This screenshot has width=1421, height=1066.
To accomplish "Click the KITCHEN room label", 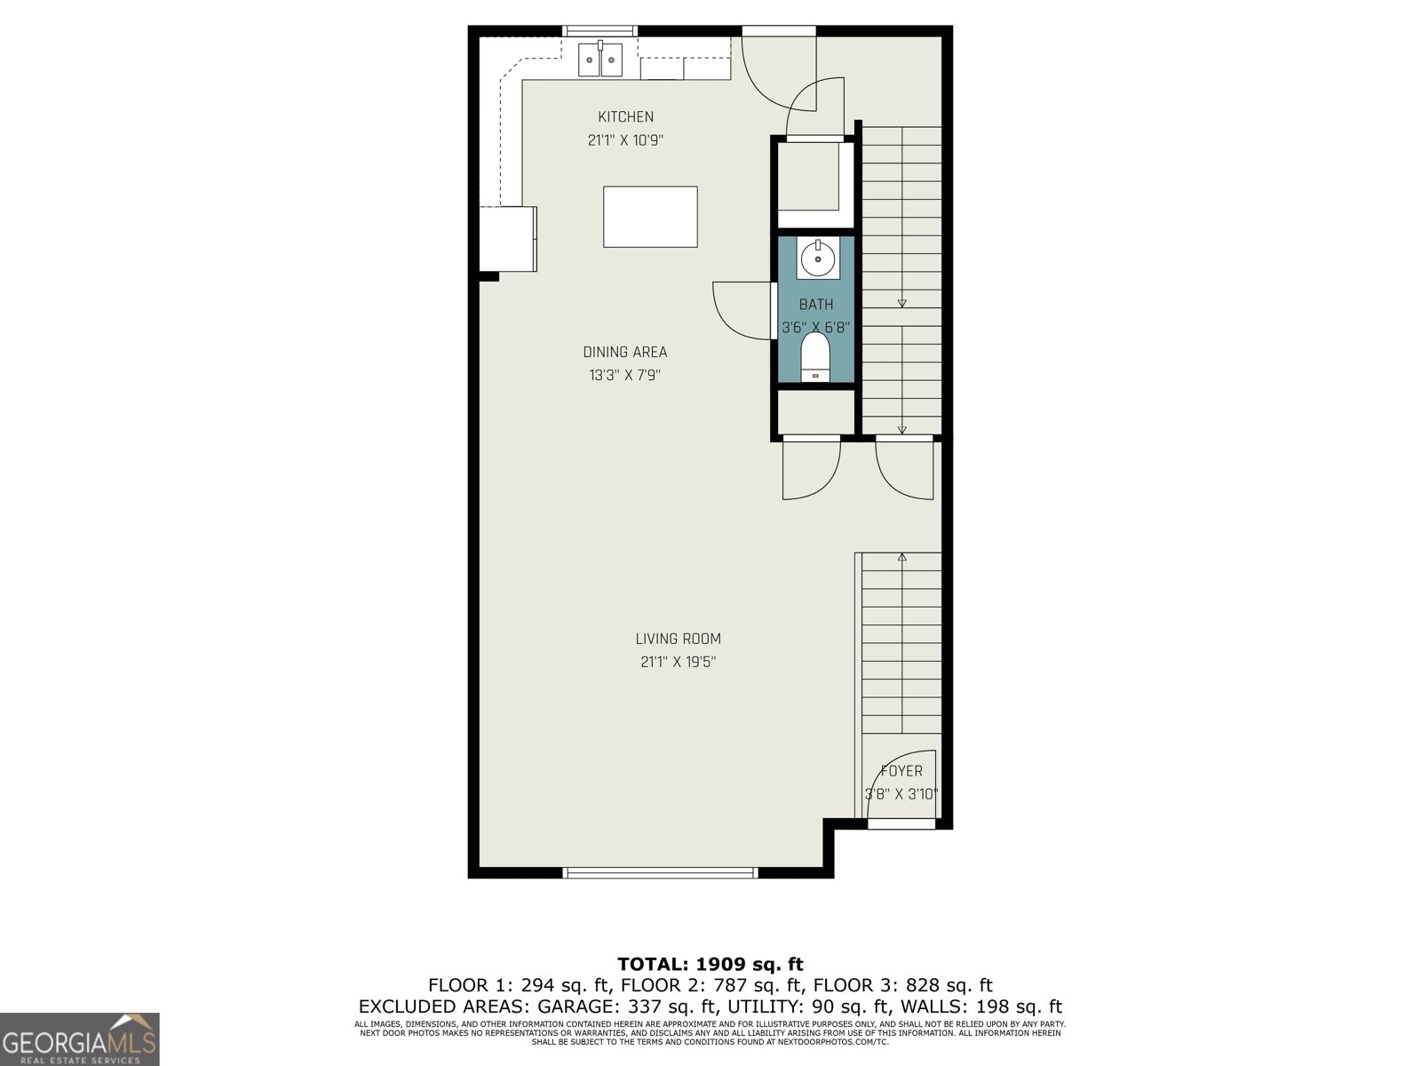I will click(625, 116).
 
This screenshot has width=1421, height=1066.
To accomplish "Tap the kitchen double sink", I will click(601, 60).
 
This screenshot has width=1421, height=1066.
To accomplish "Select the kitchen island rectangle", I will click(650, 217).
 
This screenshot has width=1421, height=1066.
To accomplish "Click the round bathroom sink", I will click(817, 259).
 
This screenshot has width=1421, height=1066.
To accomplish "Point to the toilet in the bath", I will click(815, 357).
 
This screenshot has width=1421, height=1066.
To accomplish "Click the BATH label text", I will click(816, 305).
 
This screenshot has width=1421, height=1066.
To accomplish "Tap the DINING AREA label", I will click(624, 352).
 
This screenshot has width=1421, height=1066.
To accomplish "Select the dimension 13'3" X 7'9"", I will click(624, 375).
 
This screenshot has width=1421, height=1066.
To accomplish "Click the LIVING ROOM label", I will click(678, 639).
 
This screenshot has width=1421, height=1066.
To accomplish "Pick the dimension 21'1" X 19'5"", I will click(678, 662).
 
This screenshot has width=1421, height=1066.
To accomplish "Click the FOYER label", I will click(901, 771).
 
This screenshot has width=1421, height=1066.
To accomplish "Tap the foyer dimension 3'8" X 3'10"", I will click(901, 794).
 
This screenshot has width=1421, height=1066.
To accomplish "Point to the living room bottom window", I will click(660, 872).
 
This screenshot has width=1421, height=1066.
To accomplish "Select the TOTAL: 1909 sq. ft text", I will click(710, 964).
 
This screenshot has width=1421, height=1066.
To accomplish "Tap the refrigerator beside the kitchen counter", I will click(508, 238).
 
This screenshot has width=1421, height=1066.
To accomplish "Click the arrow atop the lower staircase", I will click(902, 558).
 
